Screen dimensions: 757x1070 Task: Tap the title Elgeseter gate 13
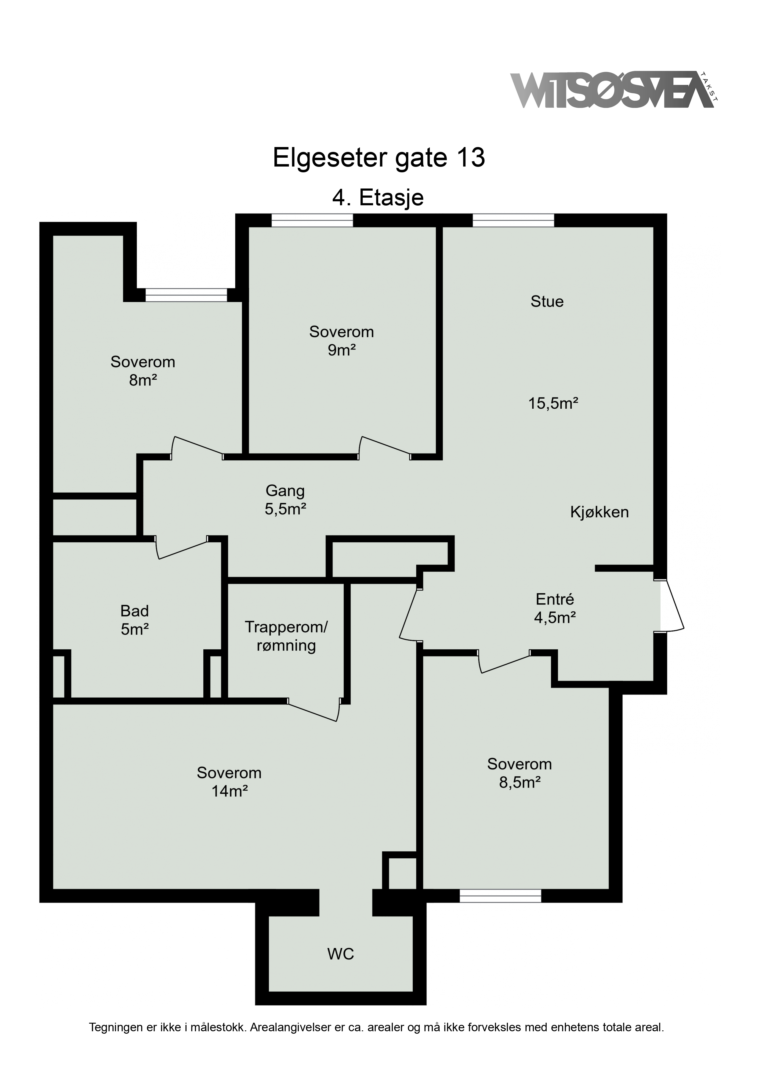[x=379, y=157]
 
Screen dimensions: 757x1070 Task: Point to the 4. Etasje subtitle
[x=378, y=198]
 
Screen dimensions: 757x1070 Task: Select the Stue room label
[x=547, y=302]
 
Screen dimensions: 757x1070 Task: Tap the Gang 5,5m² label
[x=285, y=500]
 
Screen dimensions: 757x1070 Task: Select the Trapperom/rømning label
[x=286, y=636]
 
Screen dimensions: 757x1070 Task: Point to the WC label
[x=340, y=954]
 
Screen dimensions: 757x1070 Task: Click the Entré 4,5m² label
[x=555, y=608]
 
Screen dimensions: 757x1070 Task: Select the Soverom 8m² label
[x=143, y=371]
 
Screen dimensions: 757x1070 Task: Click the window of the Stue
[x=513, y=220]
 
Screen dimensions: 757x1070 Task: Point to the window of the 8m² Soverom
[x=186, y=295]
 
